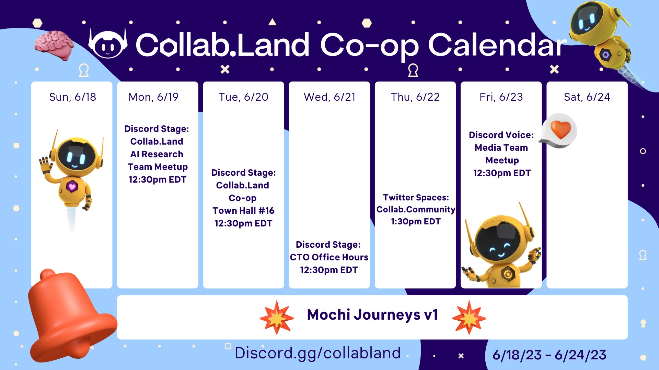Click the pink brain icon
tap(54, 45)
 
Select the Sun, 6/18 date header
tap(72, 97)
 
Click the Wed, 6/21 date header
tap(329, 97)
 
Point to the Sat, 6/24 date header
tap(587, 97)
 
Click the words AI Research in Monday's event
tap(157, 154)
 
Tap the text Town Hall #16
tap(243, 210)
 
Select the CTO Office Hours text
tap(329, 257)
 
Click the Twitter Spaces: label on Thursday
tap(416, 197)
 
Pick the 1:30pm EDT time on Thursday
tap(416, 222)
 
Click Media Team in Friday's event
tap(501, 148)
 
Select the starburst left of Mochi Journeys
tap(277, 318)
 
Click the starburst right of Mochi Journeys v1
tap(469, 318)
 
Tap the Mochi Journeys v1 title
tap(372, 315)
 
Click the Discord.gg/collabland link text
tap(317, 353)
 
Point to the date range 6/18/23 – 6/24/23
tap(549, 355)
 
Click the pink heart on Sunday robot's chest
tap(72, 187)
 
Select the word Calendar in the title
tap(497, 45)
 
